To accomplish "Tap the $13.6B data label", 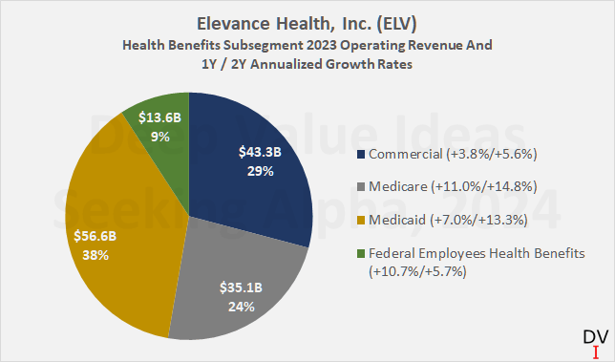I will (157, 118).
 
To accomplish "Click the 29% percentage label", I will (259, 171).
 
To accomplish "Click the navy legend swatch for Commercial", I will (359, 154).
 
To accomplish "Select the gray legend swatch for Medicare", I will (359, 188).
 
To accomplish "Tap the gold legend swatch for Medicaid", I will (359, 223).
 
